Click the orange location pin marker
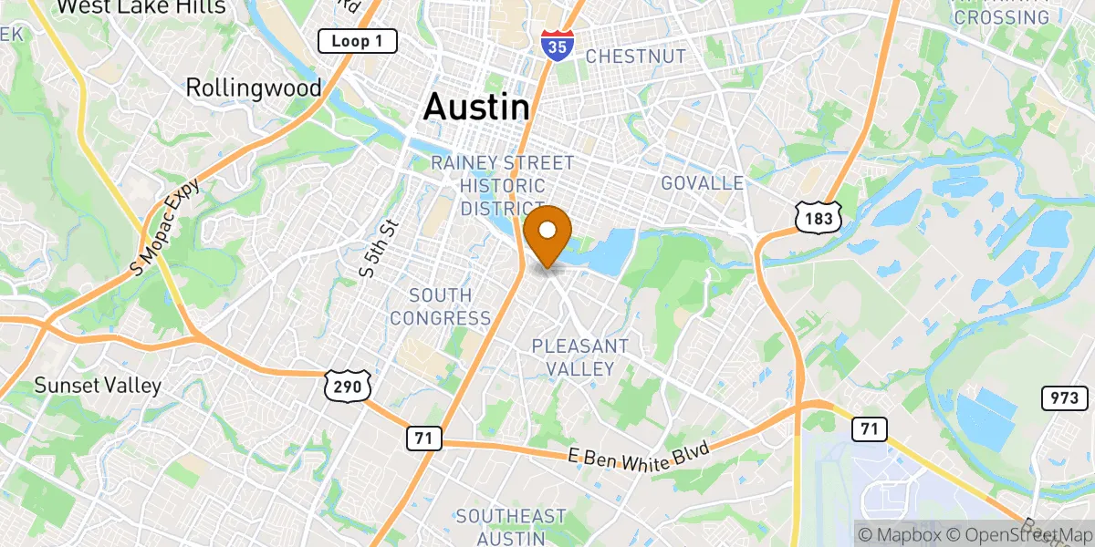(548, 233)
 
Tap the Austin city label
(476, 107)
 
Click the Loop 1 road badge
(357, 41)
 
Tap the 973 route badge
(1064, 397)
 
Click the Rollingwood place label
(254, 88)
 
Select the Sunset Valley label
(98, 385)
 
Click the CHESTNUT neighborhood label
(635, 57)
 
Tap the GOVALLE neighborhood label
(703, 183)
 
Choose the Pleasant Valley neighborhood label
(580, 357)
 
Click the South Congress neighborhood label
(441, 307)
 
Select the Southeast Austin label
(511, 527)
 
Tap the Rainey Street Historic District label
(503, 186)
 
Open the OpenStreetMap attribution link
(1019, 534)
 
